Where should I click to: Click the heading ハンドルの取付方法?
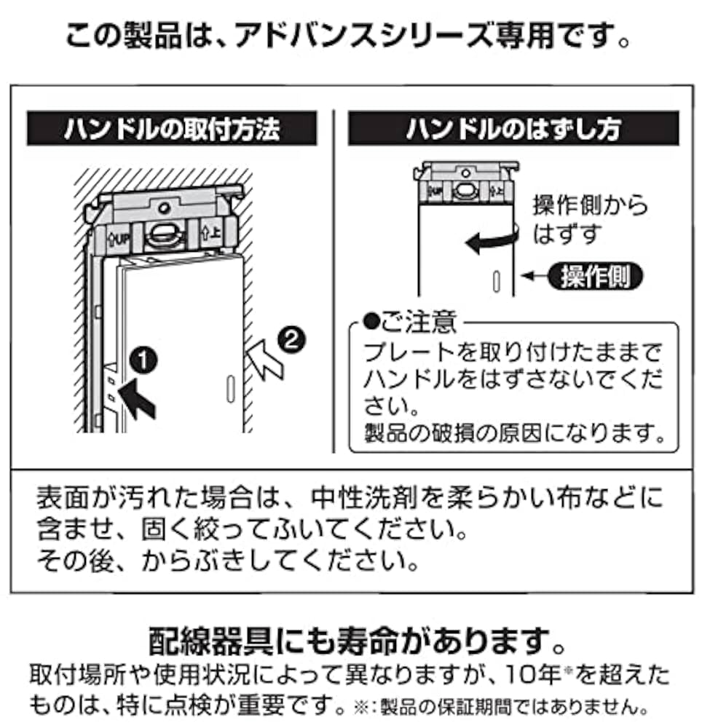[172, 129]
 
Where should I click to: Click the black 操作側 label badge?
[595, 277]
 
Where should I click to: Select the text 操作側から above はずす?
[590, 206]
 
